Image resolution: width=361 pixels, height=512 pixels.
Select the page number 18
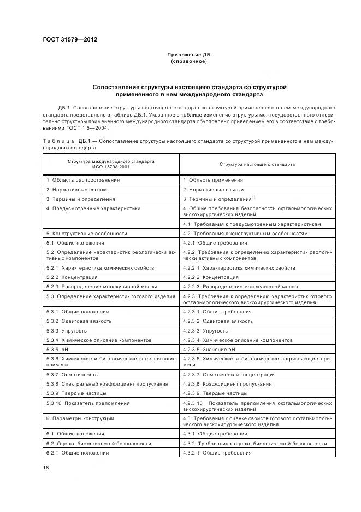46,467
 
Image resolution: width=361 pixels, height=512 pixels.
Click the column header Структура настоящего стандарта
257,164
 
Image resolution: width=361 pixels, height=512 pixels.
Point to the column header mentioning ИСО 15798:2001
111,164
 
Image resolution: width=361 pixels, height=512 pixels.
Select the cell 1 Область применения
213,179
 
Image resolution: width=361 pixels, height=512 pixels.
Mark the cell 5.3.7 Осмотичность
72,374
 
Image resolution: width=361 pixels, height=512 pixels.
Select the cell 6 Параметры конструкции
80,418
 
